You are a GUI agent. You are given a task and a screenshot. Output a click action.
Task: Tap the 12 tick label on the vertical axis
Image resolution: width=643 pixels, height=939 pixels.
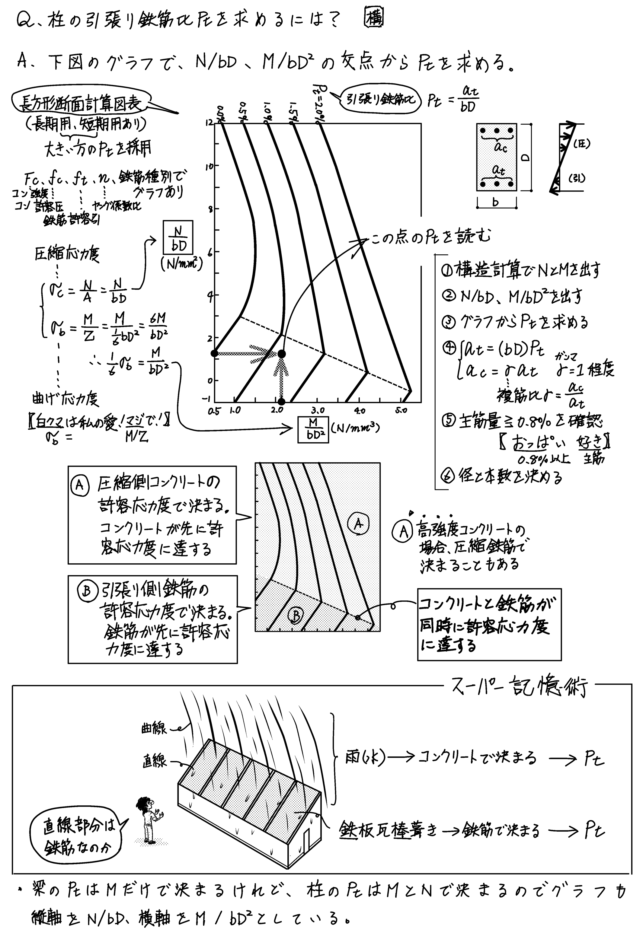click(x=209, y=123)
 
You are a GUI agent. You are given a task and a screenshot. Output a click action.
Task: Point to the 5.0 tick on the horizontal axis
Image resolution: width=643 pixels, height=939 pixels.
click(x=401, y=411)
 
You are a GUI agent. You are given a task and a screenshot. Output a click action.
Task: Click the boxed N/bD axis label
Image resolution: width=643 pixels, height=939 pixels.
click(x=178, y=237)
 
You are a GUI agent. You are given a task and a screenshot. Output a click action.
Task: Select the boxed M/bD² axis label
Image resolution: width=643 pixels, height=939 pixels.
click(x=313, y=429)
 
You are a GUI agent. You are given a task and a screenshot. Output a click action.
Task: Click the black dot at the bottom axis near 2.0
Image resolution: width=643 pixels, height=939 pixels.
click(x=282, y=402)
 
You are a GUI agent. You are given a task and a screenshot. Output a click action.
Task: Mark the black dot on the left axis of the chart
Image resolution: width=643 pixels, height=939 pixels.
click(x=215, y=354)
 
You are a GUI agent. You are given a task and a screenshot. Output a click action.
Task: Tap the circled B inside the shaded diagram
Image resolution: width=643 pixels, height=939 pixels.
click(x=295, y=615)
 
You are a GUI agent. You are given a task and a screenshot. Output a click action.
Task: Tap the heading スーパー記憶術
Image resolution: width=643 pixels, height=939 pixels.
click(x=519, y=687)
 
